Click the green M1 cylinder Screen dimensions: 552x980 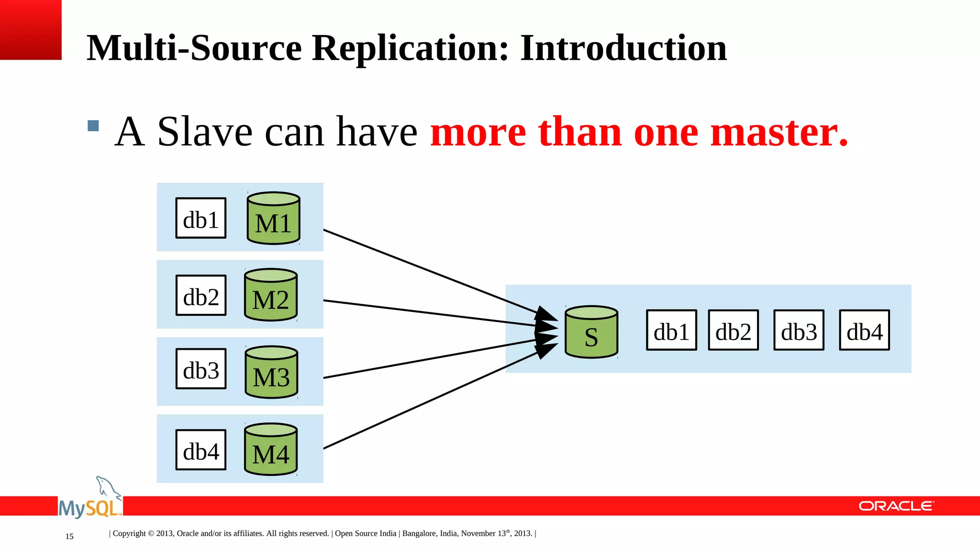tap(273, 218)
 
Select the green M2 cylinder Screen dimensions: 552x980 tap(271, 295)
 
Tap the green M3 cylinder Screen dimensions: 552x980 tap(271, 372)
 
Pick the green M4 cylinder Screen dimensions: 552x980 tap(271, 449)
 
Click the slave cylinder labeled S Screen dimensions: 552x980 tap(591, 333)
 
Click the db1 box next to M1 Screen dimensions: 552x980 tap(201, 218)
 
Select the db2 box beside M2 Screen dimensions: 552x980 tap(201, 295)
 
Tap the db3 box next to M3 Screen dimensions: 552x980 tap(201, 368)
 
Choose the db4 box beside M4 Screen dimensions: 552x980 tap(201, 450)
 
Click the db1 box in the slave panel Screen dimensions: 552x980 tap(671, 330)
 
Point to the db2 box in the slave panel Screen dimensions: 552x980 tap(733, 330)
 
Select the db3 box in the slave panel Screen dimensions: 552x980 tap(799, 330)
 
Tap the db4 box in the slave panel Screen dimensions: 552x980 tap(864, 330)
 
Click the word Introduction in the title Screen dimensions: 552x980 tap(623, 48)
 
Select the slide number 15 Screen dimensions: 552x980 tap(69, 537)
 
